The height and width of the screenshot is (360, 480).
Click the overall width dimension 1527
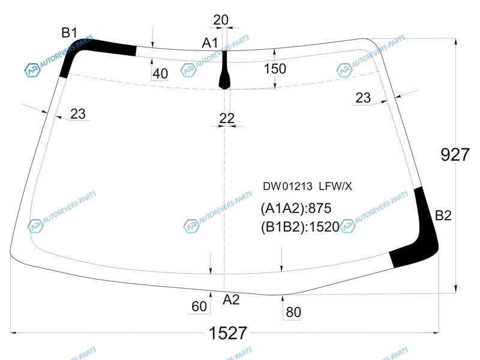tap(227, 333)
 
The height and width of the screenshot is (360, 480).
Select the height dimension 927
tap(455, 155)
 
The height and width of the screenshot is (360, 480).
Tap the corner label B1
tap(69, 32)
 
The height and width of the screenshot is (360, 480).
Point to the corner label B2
tap(443, 215)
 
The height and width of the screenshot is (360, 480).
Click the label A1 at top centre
tap(209, 43)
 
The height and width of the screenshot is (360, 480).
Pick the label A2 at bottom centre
tap(231, 299)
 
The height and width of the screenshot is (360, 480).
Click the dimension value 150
tap(275, 68)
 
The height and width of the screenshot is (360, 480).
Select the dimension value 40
tap(160, 74)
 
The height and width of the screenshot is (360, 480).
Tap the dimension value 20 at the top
tap(221, 20)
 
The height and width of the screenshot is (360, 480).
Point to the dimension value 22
tap(227, 118)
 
